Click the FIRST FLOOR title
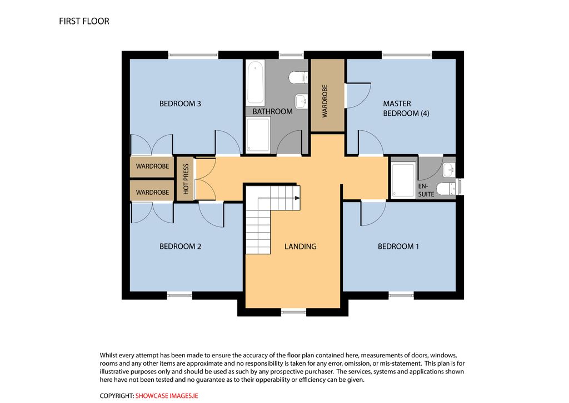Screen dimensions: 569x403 [x=84, y=21]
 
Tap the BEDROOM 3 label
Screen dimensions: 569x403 [x=180, y=104]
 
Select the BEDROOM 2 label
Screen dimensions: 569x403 [x=180, y=247]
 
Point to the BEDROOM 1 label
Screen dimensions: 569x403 [x=398, y=247]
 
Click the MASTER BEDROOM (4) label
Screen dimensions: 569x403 [x=406, y=109]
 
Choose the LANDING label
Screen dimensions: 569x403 [x=300, y=247]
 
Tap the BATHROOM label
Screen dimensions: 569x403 [x=272, y=111]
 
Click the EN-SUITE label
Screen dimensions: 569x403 [x=426, y=190]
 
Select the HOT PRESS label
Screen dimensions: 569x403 [x=186, y=179]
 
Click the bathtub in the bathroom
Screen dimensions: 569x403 [x=256, y=82]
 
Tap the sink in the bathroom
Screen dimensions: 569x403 [x=301, y=101]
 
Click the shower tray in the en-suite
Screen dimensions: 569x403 [x=403, y=180]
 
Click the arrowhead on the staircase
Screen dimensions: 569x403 [x=298, y=198]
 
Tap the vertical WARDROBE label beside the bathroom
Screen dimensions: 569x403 [x=325, y=101]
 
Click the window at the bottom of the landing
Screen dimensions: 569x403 [x=293, y=311]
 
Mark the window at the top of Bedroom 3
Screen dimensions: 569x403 [x=193, y=55]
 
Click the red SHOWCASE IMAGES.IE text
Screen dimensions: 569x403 [x=167, y=396]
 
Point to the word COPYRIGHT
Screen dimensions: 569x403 [x=117, y=396]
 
